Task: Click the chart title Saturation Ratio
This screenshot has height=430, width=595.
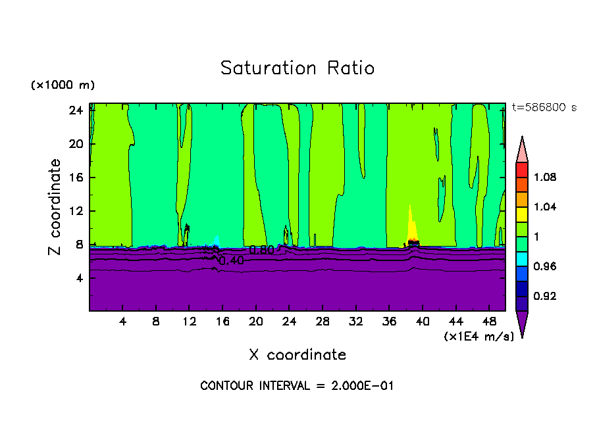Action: pos(297,68)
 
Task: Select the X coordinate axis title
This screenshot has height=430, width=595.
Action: pos(297,355)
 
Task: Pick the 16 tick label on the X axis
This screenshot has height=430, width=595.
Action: pos(222,322)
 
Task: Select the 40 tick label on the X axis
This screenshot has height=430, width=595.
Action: pos(423,322)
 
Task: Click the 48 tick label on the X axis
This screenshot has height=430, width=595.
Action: pos(489,322)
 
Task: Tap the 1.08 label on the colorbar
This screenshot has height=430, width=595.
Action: pos(544,178)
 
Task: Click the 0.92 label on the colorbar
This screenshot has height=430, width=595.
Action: pos(544,297)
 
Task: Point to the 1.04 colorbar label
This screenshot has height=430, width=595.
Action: pos(544,207)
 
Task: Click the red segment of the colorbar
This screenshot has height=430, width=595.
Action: pos(521,170)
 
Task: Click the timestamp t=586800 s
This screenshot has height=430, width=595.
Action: pos(544,108)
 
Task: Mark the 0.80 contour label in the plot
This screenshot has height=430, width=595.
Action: pos(261,250)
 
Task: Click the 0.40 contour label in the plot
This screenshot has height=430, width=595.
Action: pos(231,261)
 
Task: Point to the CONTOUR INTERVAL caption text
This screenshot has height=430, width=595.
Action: pos(297,386)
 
